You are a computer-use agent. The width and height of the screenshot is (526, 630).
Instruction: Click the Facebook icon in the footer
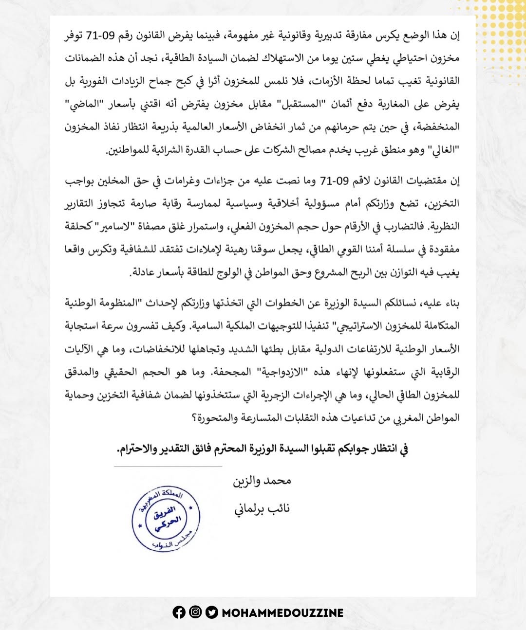(179, 612)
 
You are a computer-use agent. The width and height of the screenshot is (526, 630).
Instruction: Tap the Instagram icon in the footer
(195, 612)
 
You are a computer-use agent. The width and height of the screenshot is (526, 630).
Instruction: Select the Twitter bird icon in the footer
(211, 612)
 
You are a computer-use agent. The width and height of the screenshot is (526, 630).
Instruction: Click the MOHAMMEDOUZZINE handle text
(282, 613)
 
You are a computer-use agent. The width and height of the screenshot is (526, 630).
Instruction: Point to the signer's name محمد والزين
(262, 481)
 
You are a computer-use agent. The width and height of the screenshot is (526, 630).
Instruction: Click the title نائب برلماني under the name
(262, 509)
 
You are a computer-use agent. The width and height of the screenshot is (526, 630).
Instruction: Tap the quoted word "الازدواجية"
(277, 372)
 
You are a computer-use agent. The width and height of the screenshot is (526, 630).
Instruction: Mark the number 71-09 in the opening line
(100, 35)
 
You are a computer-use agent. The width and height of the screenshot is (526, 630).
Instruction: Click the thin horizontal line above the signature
(168, 467)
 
